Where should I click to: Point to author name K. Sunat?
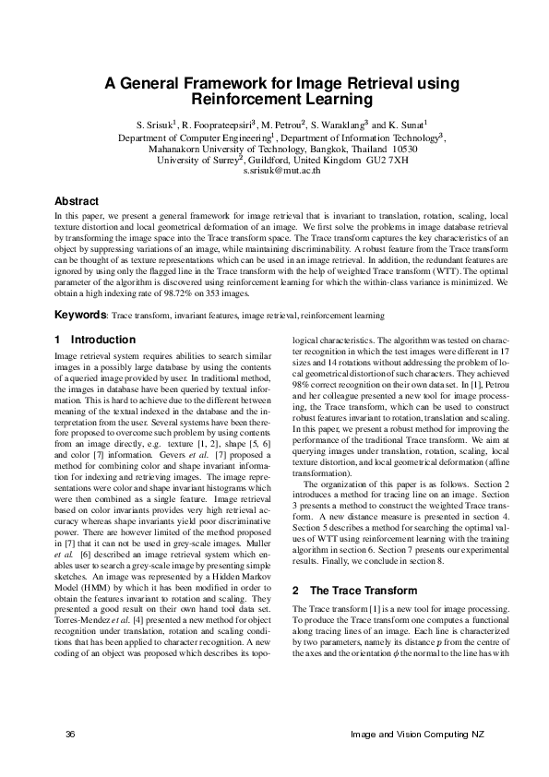[x=413, y=125]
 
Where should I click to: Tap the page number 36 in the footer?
[x=70, y=734]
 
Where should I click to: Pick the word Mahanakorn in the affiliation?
[x=177, y=148]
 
